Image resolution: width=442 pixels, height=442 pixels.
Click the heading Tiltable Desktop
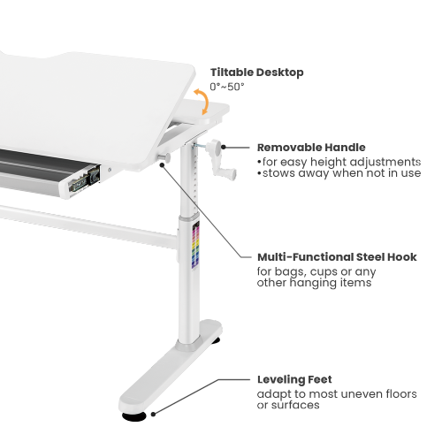point(256,72)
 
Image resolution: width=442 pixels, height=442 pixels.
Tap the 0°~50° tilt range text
point(227,87)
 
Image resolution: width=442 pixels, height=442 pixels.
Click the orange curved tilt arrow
point(202,101)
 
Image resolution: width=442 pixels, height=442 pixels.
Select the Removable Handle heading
point(311,148)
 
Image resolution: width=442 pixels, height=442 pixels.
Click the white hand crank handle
point(222,160)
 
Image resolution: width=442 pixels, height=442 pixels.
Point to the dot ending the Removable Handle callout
point(224,147)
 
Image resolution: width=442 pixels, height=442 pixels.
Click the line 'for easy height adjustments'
point(339,162)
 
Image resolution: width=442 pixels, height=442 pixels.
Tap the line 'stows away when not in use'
point(339,173)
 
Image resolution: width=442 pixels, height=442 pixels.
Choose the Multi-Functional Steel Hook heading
point(337,257)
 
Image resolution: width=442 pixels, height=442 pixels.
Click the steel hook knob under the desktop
point(164,157)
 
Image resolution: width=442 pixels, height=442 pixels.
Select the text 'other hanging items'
point(314,283)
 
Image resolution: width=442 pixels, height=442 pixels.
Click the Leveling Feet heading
point(294,379)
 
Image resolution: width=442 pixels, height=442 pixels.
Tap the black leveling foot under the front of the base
point(134,415)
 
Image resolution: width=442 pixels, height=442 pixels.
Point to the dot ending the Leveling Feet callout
point(153,414)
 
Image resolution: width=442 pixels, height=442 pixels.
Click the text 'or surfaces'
point(288,405)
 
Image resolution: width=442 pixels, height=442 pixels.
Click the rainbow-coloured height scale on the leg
point(195,245)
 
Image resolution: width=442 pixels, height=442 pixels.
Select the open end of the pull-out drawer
point(83,182)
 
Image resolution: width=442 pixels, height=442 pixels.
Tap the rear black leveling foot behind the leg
point(216,341)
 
